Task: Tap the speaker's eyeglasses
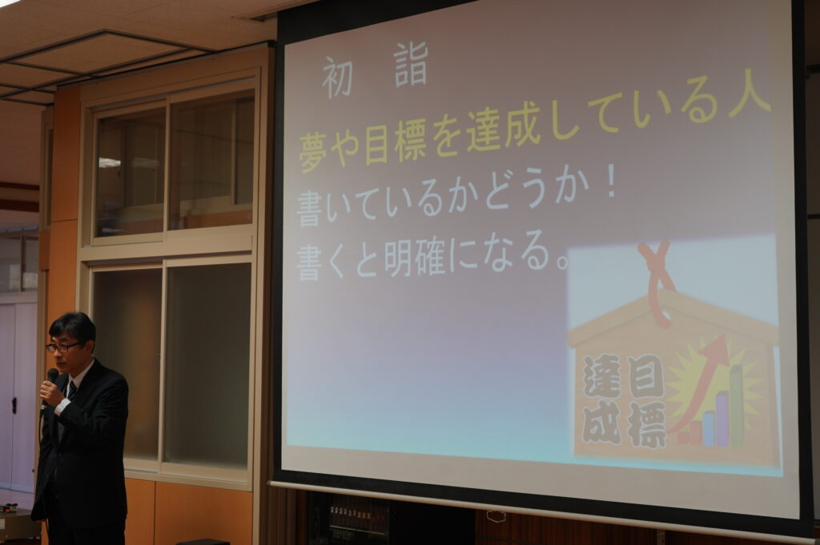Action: tap(62, 347)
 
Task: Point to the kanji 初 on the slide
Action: tap(337, 78)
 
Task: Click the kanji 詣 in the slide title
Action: tap(412, 66)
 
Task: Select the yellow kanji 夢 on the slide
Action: tap(313, 151)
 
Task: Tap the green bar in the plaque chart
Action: tap(737, 405)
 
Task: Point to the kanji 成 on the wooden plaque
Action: tap(602, 423)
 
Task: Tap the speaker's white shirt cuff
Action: tap(62, 406)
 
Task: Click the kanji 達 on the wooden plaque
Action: tap(602, 377)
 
